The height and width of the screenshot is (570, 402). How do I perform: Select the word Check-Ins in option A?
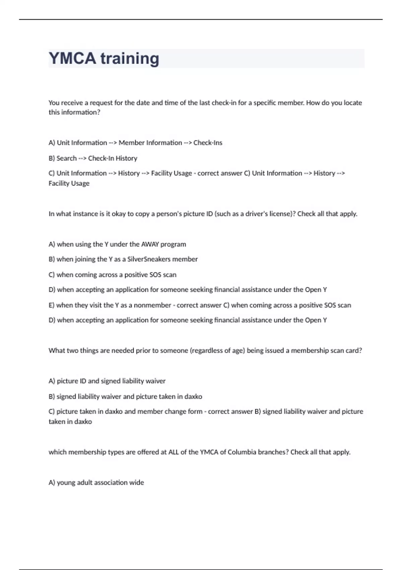[x=208, y=143]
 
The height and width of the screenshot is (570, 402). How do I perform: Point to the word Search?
[x=67, y=158]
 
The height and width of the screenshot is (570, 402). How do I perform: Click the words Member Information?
[x=150, y=143]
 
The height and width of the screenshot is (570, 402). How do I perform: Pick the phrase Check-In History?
[x=113, y=158]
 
